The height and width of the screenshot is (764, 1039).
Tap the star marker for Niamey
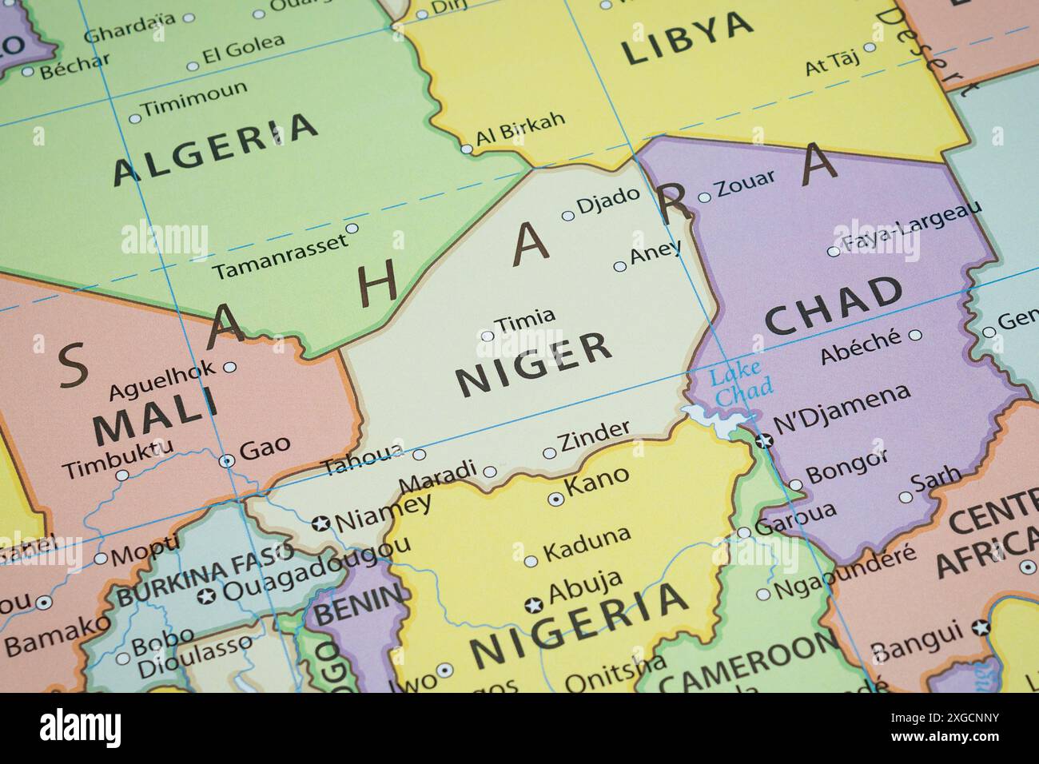click(321, 524)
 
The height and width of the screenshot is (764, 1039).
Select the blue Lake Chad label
click(740, 384)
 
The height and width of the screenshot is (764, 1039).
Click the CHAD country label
click(834, 307)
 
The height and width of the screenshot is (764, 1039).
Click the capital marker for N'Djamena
click(765, 440)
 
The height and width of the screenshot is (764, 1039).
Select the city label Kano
click(596, 483)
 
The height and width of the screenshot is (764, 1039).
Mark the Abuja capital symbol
click(534, 605)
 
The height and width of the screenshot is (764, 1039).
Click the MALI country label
click(155, 416)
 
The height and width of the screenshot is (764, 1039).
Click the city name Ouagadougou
click(316, 569)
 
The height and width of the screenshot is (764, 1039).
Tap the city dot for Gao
click(227, 460)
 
